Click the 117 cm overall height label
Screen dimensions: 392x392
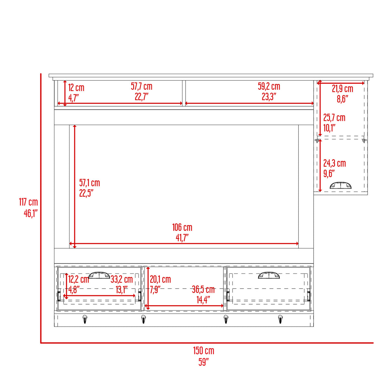[28, 202]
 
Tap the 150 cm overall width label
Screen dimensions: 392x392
[204, 351]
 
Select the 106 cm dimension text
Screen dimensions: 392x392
[182, 227]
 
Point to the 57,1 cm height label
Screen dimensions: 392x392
[89, 183]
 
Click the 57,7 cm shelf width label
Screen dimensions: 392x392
[141, 86]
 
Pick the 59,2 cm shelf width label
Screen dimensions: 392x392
[269, 86]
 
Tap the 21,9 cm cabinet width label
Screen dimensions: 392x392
[343, 88]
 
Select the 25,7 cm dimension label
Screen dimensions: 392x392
[335, 118]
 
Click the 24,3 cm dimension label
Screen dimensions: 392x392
[335, 163]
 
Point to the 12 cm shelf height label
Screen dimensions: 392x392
[76, 88]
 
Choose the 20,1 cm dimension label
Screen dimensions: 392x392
[160, 279]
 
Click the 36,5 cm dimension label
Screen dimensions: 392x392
[203, 289]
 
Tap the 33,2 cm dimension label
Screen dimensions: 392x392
[122, 279]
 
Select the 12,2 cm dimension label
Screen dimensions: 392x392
[78, 279]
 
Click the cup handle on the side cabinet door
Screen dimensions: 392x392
[341, 186]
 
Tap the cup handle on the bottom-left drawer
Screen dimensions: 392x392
[99, 275]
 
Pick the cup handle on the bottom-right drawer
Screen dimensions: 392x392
[269, 275]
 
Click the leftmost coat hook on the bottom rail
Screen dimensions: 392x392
[84, 319]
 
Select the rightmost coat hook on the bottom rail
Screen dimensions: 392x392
[280, 319]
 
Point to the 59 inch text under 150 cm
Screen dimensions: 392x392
[204, 362]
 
